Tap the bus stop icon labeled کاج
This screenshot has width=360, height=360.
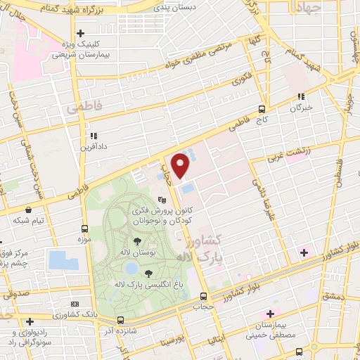pos(262,109)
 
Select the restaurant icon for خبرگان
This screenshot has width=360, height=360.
pos(301,97)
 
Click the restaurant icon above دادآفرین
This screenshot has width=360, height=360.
pos(91,136)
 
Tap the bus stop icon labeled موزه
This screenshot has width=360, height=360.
pos(85,229)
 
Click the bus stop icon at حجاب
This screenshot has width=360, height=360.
pos(203,296)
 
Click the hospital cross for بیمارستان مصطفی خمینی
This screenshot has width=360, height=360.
pos(269,314)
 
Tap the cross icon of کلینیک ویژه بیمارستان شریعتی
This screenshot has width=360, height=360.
pos(81,33)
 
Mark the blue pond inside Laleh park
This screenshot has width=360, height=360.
pos(131,268)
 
